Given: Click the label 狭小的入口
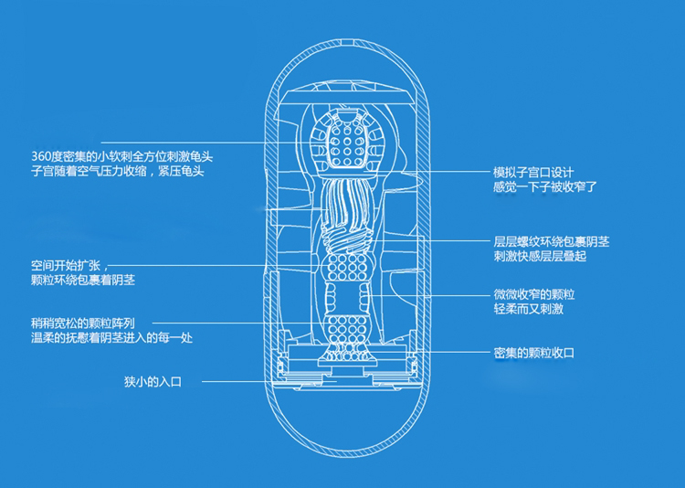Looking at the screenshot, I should pyautogui.click(x=153, y=380).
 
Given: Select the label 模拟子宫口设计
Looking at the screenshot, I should pyautogui.click(x=532, y=172).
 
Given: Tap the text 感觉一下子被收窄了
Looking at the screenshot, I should pyautogui.click(x=544, y=187).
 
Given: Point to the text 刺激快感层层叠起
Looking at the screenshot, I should pyautogui.click(x=539, y=258).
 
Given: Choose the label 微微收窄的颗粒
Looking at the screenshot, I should pyautogui.click(x=533, y=296).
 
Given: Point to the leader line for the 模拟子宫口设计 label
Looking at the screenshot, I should pyautogui.click(x=438, y=172).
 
